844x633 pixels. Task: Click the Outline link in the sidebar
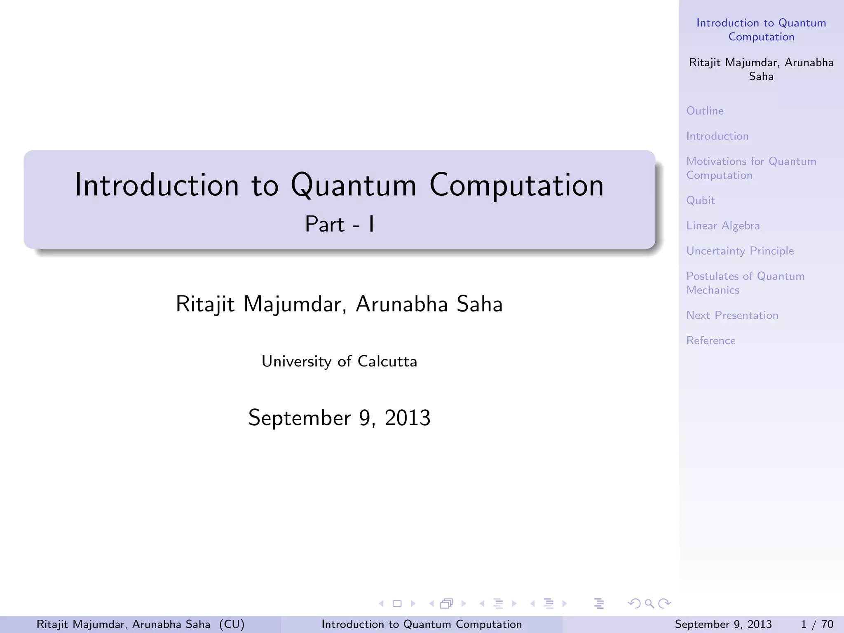(705, 111)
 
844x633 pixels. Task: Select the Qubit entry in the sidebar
(700, 201)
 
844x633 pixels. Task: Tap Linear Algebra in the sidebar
(723, 226)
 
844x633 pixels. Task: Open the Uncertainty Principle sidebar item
(740, 251)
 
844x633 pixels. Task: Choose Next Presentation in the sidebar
(732, 315)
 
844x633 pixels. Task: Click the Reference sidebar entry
(710, 340)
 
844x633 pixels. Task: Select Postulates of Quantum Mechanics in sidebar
(745, 283)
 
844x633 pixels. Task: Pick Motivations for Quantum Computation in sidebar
(751, 168)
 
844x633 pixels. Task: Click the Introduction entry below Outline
(717, 136)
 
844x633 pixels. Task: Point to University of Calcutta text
(339, 361)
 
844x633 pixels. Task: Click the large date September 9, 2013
(339, 418)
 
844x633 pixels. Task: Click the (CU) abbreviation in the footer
(232, 624)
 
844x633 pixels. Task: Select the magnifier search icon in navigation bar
(649, 604)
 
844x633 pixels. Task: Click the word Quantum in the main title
(354, 185)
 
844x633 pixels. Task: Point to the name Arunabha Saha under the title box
(429, 304)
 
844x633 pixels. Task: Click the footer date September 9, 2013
(723, 624)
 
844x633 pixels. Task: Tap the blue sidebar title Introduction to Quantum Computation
(761, 30)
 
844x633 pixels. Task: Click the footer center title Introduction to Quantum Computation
(421, 624)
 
